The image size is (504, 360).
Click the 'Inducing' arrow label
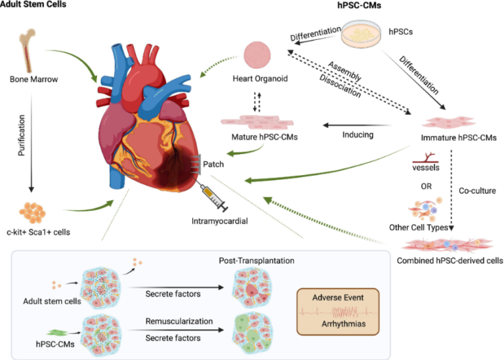pos(358,136)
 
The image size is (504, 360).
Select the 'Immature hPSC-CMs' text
pos(453,139)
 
